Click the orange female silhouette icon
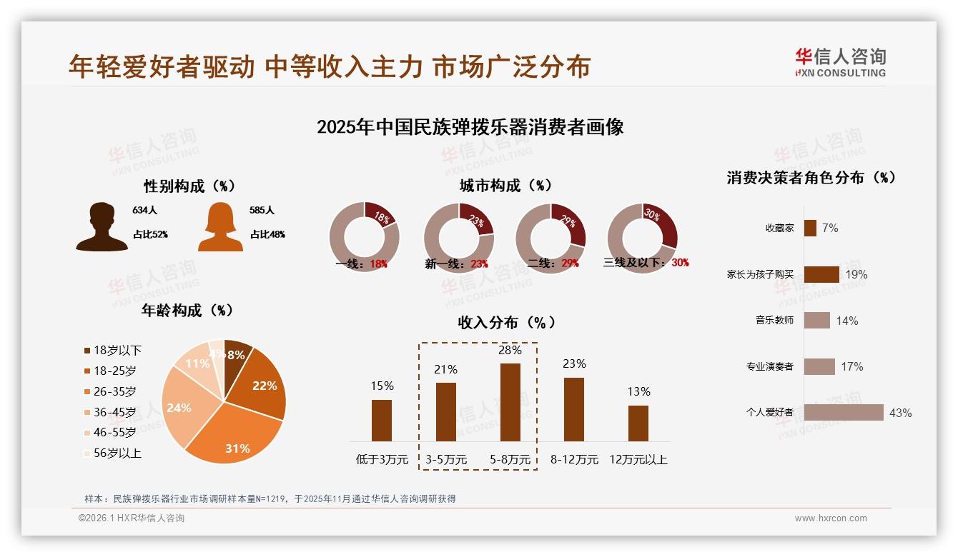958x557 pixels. (x=220, y=227)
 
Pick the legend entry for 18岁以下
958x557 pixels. (x=112, y=351)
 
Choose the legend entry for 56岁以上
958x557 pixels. (x=112, y=453)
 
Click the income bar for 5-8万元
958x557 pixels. (x=510, y=402)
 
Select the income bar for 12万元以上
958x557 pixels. (x=638, y=423)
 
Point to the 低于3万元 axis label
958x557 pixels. (x=382, y=460)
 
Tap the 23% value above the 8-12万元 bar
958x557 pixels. (x=574, y=364)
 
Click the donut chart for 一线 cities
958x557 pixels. (x=364, y=237)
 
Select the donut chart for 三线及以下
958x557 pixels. (x=642, y=237)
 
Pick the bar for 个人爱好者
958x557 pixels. (x=844, y=413)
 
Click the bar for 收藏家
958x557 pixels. (x=810, y=228)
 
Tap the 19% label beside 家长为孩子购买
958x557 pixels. (x=856, y=274)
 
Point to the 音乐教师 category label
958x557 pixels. (x=774, y=321)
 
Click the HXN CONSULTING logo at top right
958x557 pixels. (x=840, y=63)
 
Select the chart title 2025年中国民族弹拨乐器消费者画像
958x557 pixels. (x=470, y=127)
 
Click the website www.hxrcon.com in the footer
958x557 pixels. (x=831, y=518)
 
